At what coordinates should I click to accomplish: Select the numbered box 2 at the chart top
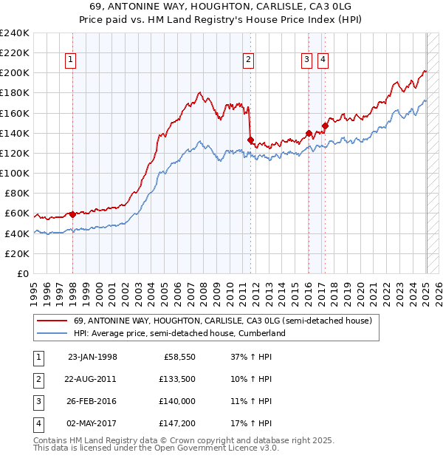[249, 61]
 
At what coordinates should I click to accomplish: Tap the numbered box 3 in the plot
[306, 61]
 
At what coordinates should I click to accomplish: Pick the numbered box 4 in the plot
[323, 61]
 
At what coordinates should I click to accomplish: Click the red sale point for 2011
[251, 140]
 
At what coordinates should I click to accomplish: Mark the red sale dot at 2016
[309, 134]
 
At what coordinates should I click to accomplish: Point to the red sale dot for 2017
[325, 126]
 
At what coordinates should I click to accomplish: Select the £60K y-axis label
[18, 213]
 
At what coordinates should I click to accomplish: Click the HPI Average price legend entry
[179, 333]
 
